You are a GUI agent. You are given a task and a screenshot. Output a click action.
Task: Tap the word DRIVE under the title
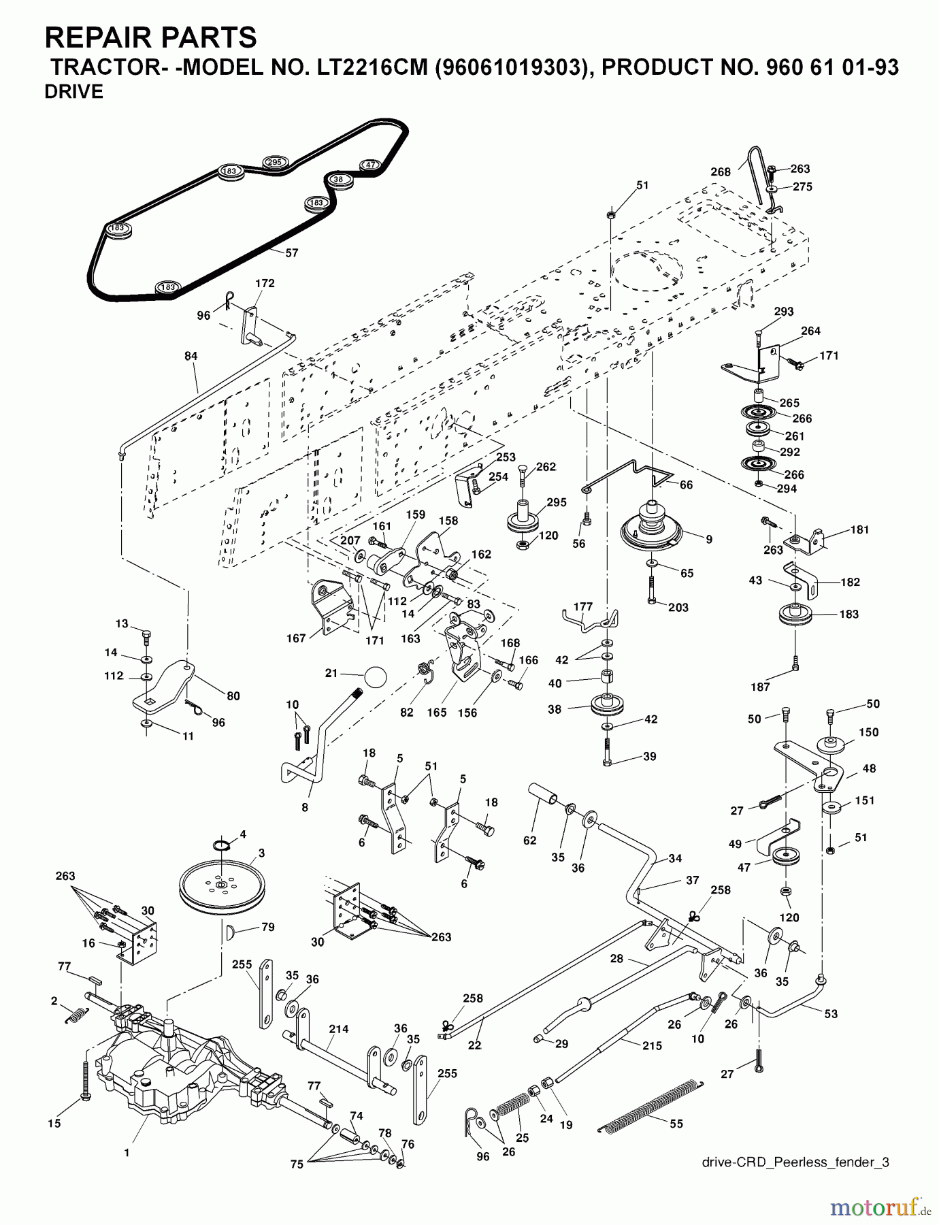(x=73, y=92)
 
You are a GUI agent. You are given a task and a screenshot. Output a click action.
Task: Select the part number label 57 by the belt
(x=291, y=252)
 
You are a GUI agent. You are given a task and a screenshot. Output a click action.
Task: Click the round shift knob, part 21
(x=375, y=678)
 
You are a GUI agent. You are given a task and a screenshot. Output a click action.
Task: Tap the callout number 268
(x=721, y=172)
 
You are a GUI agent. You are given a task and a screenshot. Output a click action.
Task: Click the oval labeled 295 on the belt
(x=274, y=162)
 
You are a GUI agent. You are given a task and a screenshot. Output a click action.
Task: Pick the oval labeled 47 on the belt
(x=369, y=165)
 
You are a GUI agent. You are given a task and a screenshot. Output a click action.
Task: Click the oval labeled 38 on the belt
(x=338, y=180)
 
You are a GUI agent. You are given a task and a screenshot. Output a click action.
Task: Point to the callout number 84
(x=191, y=356)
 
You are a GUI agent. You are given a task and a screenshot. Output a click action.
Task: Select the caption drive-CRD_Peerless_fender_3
(x=795, y=1162)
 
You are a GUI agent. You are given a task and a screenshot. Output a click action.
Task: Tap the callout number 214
(x=338, y=1029)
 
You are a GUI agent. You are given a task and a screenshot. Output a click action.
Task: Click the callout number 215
(x=652, y=1045)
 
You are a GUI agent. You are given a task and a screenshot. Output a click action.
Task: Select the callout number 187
(x=760, y=687)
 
